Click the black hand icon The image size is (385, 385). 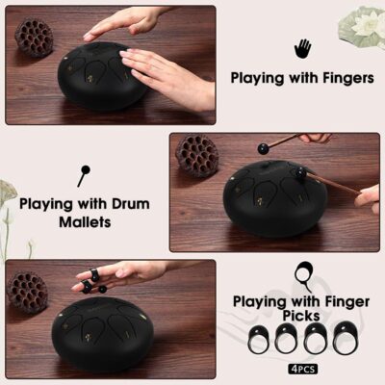tap(302, 49)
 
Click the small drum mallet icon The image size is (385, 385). tap(84, 176)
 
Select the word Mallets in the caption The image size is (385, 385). tap(85, 222)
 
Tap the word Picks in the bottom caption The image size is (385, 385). tap(301, 316)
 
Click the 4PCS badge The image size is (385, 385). tap(303, 369)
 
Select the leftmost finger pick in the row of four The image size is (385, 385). tap(260, 339)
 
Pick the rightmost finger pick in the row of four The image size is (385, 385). tap(344, 338)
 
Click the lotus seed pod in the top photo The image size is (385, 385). tap(35, 38)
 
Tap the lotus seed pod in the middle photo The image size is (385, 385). tap(196, 156)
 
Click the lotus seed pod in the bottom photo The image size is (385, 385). tap(27, 292)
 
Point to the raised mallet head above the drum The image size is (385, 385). tap(264, 148)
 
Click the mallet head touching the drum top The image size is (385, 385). tap(300, 173)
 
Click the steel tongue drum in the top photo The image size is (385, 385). tap(102, 76)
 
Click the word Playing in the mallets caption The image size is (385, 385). tap(45, 204)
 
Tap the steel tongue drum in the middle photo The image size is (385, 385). tap(275, 199)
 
